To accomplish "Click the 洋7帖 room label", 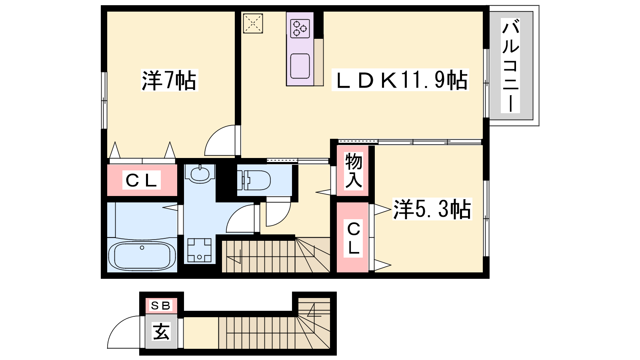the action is tap(169, 80).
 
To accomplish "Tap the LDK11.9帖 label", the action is tap(400, 80).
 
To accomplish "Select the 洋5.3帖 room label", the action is tap(432, 209).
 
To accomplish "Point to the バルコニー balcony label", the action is tap(510, 66).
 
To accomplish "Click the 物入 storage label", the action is tap(354, 170).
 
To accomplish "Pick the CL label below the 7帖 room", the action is tap(142, 180).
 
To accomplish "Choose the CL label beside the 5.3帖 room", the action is tap(354, 238).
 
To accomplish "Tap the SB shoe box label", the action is tap(160, 306).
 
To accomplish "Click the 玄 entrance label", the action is tap(161, 332).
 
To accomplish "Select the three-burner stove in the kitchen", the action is tap(300, 28).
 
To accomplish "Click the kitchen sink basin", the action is tap(300, 66).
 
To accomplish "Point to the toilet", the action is tap(254, 180).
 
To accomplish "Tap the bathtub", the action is tap(142, 255).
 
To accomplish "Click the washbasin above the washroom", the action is tap(200, 173).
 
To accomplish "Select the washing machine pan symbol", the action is tap(200, 250).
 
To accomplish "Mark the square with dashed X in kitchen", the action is tap(253, 24).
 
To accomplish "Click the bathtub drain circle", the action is tap(142, 248).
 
